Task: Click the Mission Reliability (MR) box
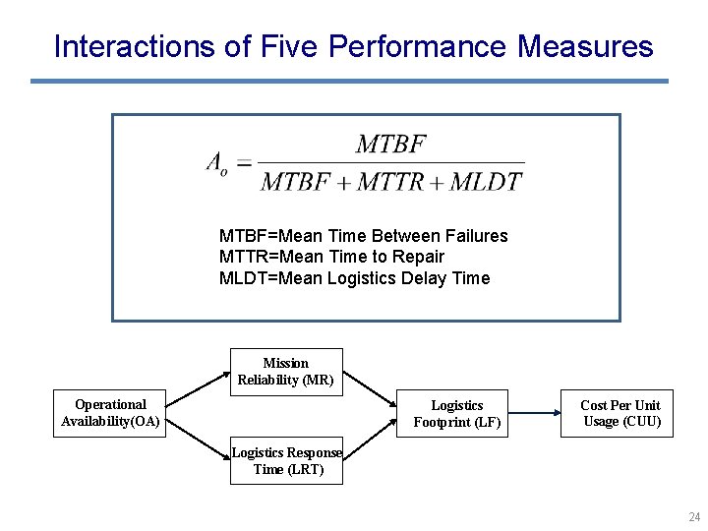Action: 286,372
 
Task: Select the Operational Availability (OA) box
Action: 110,413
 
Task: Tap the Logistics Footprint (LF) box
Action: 456,414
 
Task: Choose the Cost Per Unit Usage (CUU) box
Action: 618,413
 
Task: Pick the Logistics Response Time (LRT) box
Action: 286,461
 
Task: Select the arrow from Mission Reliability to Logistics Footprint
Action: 370,387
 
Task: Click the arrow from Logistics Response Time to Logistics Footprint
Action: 370,442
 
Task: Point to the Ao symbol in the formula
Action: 216,163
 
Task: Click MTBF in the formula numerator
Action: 390,146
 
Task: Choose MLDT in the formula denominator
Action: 489,181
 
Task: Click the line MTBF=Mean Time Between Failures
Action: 363,236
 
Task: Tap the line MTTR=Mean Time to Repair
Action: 331,257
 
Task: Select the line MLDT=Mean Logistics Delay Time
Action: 354,278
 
